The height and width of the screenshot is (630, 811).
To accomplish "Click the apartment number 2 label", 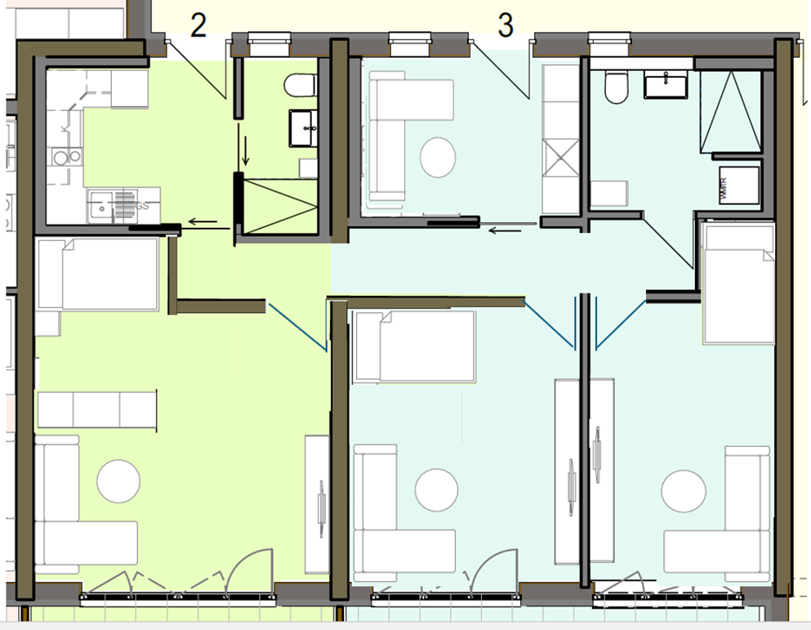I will click(198, 26).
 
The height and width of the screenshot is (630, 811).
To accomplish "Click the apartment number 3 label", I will click(506, 25).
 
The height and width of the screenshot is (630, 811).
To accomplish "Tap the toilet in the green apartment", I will click(301, 85).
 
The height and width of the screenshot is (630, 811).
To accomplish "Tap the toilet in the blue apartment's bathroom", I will click(615, 87).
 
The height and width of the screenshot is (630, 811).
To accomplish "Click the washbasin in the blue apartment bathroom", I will click(667, 83).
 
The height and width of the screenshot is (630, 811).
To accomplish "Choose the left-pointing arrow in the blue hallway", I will click(503, 230).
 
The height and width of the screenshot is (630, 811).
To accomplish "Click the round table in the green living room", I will click(118, 481).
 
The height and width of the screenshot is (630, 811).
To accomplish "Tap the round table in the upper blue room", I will click(439, 156).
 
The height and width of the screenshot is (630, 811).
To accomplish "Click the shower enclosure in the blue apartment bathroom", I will click(730, 111).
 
